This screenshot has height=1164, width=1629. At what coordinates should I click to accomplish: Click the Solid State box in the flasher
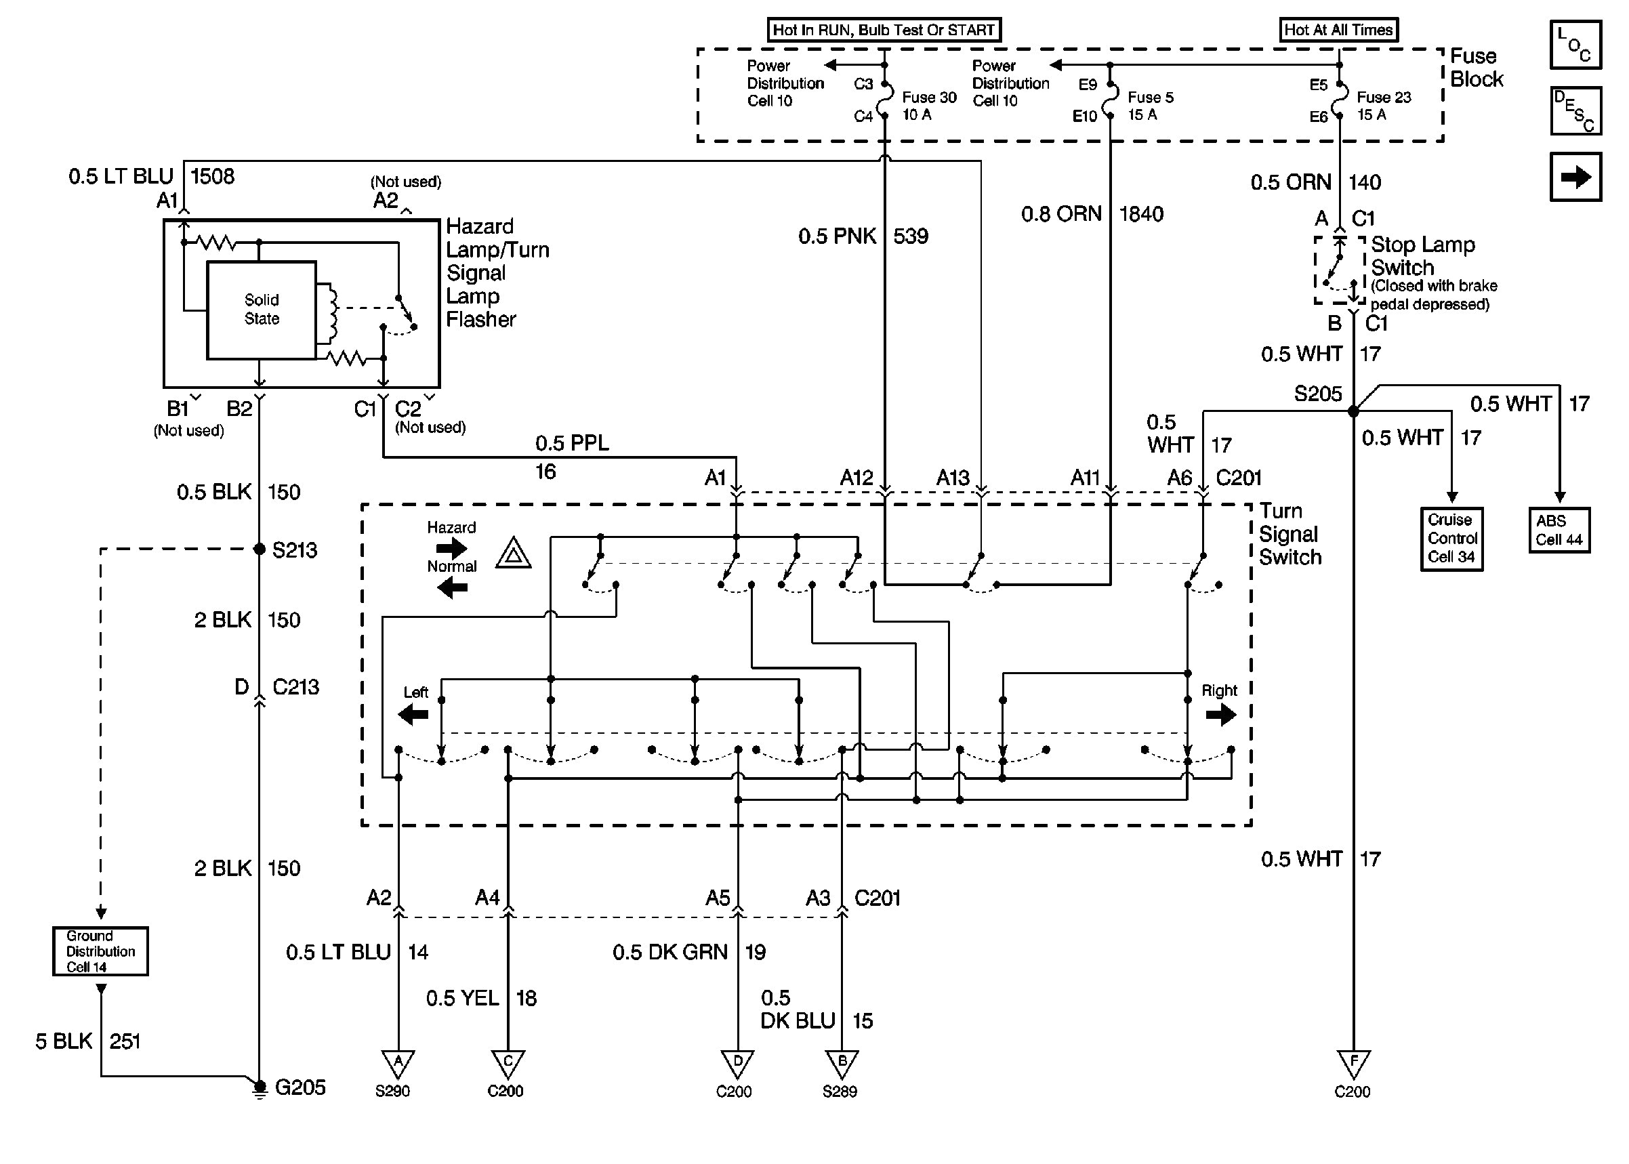point(261,310)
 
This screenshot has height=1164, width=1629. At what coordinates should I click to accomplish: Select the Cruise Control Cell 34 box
point(1451,539)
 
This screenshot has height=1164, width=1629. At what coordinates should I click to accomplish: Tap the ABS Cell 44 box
point(1559,531)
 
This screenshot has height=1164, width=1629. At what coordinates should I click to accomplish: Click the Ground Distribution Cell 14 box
point(100,951)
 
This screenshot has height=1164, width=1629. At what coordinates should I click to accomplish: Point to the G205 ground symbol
point(260,1087)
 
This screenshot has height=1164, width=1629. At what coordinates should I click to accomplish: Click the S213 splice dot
point(260,549)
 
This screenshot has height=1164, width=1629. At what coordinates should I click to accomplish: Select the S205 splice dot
point(1353,411)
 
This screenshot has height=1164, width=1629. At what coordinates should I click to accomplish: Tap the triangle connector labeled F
point(1353,1063)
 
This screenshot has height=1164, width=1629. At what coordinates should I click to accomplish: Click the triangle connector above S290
point(398,1063)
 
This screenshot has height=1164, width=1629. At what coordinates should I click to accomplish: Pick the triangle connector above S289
point(842,1063)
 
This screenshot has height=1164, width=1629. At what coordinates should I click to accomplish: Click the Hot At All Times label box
point(1338,30)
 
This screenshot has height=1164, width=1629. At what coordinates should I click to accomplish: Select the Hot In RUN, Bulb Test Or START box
point(884,30)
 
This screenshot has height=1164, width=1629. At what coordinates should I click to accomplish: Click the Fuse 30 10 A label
point(928,106)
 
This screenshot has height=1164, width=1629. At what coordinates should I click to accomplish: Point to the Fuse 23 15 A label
point(1383,106)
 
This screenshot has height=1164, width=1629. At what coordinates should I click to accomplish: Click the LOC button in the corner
point(1575,45)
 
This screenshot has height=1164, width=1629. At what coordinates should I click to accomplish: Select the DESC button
point(1575,111)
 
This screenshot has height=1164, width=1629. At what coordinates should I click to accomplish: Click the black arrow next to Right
point(1220,715)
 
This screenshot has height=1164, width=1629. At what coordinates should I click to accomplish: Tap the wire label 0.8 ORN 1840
point(1092,213)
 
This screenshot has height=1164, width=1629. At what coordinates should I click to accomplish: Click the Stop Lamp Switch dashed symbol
point(1339,270)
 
